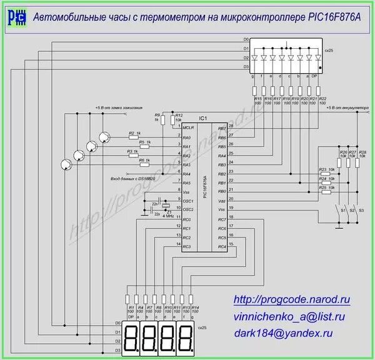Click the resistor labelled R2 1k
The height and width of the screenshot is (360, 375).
pyautogui.click(x=134, y=137)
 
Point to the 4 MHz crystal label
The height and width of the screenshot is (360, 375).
pyautogui.click(x=167, y=216)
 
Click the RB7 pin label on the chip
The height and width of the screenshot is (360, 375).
pyautogui.click(x=221, y=127)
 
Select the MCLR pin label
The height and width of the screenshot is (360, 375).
pyautogui.click(x=189, y=127)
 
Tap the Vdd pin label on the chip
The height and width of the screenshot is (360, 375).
pyautogui.click(x=222, y=201)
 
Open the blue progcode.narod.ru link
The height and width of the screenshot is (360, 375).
pyautogui.click(x=291, y=300)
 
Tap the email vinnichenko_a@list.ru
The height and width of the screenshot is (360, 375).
pyautogui.click(x=290, y=317)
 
